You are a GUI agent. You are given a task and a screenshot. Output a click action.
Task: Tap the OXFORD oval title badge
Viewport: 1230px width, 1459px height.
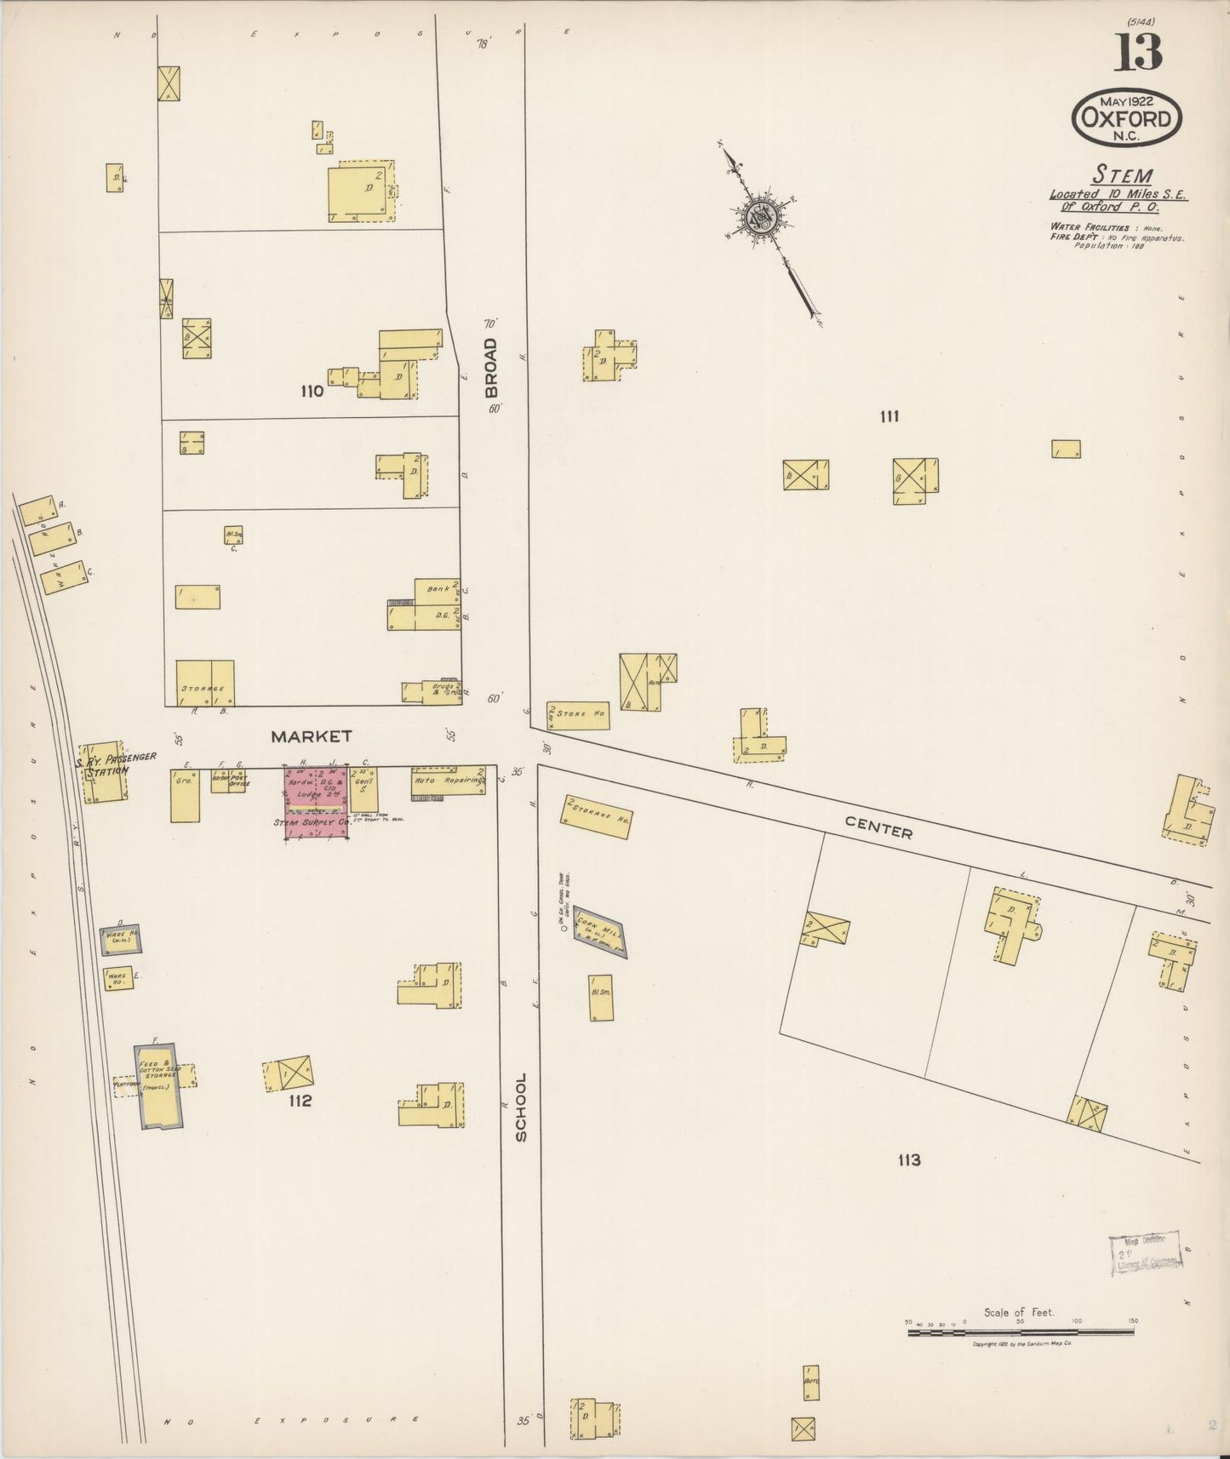click(1126, 118)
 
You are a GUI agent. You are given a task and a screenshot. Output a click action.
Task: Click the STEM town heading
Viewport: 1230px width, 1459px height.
click(1122, 175)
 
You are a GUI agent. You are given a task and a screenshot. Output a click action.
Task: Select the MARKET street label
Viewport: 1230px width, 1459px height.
click(312, 735)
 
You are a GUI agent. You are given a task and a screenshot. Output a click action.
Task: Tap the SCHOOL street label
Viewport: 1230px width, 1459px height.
click(521, 1107)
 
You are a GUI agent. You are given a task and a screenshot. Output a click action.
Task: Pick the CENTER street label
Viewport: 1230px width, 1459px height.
click(878, 827)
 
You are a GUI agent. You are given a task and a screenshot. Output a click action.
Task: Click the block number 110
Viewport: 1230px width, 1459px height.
click(312, 392)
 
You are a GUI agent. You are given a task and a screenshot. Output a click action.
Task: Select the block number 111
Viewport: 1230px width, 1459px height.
click(890, 416)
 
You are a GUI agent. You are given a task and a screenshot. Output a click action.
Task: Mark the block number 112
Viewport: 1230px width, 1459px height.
click(300, 1101)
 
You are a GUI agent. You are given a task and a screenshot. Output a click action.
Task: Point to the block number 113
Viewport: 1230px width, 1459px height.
click(908, 1159)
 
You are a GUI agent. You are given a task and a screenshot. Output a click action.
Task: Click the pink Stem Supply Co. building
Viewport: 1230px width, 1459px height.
click(315, 803)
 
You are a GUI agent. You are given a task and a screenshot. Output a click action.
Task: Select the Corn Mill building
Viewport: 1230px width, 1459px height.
click(599, 931)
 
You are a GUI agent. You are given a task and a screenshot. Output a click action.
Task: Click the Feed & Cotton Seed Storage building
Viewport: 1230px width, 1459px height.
click(158, 1085)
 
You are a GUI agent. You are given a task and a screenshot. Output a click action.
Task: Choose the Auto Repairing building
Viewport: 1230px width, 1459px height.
click(448, 781)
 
